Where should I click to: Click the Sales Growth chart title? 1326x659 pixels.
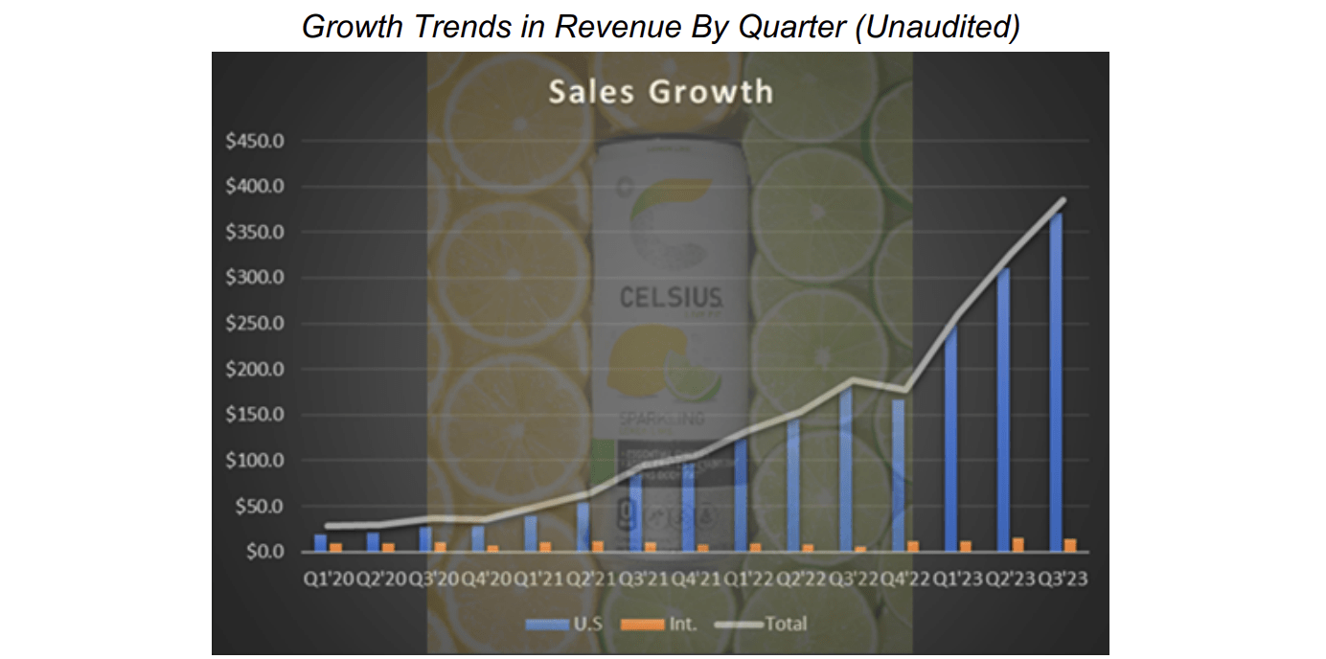click(660, 92)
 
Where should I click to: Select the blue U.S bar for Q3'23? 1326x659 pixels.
click(1055, 383)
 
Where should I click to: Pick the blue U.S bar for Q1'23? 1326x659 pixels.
click(950, 441)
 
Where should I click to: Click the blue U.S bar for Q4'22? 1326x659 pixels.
click(898, 475)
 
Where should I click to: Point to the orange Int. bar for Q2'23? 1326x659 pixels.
click(1017, 545)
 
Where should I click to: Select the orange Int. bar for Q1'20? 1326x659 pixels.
click(334, 548)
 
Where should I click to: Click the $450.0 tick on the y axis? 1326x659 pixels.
click(256, 141)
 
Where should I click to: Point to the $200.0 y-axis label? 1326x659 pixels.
click(256, 369)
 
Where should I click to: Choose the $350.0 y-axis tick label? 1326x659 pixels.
click(256, 232)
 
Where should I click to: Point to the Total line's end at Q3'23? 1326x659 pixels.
click(1063, 199)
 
